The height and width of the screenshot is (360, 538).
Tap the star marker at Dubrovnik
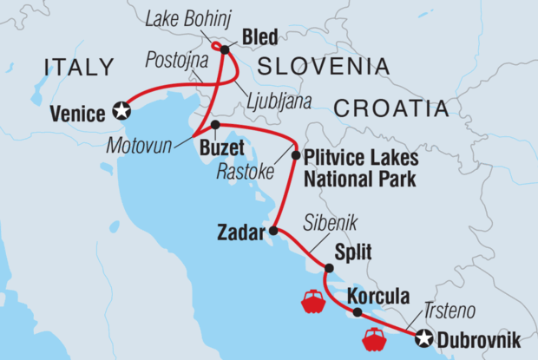pos(424,338)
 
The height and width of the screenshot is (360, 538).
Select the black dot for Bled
pos(224,49)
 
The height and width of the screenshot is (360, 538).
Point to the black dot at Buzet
pos(215,125)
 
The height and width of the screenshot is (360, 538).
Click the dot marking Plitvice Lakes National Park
pos(295,157)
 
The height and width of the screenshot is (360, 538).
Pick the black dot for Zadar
pos(273,231)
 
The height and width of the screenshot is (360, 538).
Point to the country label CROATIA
pos(390,108)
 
